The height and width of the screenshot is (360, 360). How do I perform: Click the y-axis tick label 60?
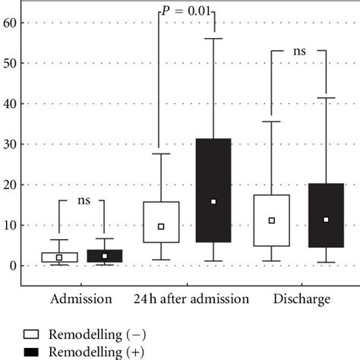[x=9, y=23]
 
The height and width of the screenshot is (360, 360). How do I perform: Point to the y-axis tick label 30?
[x=9, y=144]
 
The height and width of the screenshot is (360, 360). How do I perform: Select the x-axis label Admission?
[x=81, y=299]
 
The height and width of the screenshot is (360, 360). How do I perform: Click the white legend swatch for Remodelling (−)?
[x=30, y=333]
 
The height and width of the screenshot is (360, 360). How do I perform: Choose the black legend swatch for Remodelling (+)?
[x=30, y=351]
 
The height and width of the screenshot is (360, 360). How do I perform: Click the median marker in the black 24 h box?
[x=213, y=201]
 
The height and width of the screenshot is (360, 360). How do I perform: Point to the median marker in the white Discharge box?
[x=272, y=220]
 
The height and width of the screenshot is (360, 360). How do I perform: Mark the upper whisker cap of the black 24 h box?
[x=213, y=38]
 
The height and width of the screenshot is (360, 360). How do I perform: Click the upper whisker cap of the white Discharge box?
[x=272, y=122]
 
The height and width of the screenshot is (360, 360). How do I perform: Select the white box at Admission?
[x=59, y=257]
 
